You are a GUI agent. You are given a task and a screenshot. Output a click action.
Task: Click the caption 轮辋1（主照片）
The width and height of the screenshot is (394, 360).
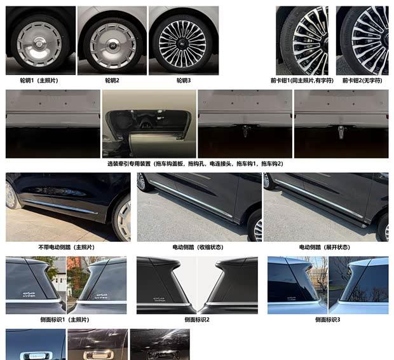click(39, 81)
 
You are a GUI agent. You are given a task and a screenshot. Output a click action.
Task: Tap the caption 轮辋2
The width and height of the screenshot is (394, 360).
click(112, 81)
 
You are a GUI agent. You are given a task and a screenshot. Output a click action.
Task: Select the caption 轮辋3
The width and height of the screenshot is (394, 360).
click(184, 81)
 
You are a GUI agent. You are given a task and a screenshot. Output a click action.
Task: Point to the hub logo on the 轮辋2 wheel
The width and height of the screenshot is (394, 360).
click(112, 45)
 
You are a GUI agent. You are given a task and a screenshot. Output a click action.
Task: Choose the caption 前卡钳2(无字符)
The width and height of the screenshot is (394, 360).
click(362, 81)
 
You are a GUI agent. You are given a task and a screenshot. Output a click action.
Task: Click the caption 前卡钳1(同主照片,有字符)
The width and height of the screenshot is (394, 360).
click(302, 81)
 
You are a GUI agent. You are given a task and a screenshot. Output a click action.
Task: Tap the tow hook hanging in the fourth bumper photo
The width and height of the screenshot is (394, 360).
click(341, 132)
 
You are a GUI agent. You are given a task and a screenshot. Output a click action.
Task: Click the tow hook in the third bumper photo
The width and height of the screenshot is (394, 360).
click(245, 130)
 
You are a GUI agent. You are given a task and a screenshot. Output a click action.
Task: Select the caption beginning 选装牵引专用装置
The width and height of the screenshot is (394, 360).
click(195, 163)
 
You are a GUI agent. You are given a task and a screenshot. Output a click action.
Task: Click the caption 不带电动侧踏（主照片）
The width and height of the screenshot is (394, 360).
click(67, 247)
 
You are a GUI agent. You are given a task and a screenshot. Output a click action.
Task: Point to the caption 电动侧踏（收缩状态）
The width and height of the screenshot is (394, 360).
click(198, 247)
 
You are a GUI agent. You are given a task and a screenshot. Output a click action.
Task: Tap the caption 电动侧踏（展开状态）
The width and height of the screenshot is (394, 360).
click(325, 247)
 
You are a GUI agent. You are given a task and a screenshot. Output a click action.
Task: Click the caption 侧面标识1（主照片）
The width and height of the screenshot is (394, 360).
click(65, 320)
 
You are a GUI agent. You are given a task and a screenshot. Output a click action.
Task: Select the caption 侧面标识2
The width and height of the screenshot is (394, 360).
click(197, 320)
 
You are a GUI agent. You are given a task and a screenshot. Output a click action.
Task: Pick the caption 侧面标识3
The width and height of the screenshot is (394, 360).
click(328, 320)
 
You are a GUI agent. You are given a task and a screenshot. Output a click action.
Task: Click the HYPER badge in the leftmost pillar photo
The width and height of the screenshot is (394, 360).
click(29, 294)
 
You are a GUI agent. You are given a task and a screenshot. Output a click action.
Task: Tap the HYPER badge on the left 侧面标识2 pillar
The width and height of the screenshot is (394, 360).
click(160, 300)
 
